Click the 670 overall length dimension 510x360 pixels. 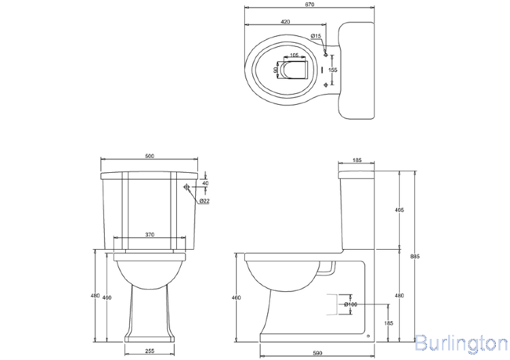coord(310,5)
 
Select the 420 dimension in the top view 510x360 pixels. coord(285,22)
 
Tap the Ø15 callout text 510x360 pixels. coord(316,35)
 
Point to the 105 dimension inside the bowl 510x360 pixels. coord(294,55)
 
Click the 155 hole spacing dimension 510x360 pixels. coord(333,69)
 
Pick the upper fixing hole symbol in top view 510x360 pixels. coord(326,54)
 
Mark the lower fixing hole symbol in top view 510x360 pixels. coord(326,84)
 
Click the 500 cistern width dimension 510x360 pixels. coord(150,156)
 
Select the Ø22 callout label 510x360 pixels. coord(204,201)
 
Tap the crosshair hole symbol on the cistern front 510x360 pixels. coord(186,187)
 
